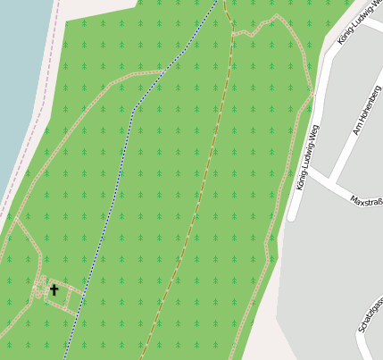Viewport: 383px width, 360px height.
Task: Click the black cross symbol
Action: click(x=54, y=289)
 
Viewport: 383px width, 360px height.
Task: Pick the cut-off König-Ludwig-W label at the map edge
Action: click(x=359, y=26)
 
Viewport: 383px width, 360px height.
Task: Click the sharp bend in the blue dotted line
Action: click(x=134, y=110)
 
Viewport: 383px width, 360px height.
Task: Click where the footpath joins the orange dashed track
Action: click(x=233, y=33)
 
